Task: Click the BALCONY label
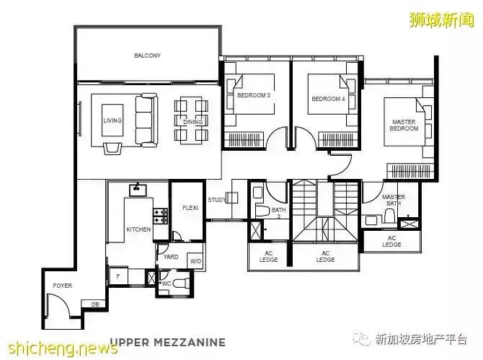point(147,56)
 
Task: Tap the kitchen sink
point(138,190)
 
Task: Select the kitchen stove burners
point(161,216)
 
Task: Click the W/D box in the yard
point(195,261)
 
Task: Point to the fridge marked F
point(119,276)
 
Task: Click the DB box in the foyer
point(95,304)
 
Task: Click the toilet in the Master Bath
point(390,216)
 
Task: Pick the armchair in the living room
point(112,148)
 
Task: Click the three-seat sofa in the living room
point(146,120)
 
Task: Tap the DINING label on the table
point(192,122)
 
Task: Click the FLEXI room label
point(190,208)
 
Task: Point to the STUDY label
point(216,200)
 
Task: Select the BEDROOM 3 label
point(254,95)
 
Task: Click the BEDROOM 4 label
point(328,99)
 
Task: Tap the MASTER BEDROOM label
point(404,125)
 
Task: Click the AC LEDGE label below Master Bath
point(391,242)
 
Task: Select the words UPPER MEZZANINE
point(168,342)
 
